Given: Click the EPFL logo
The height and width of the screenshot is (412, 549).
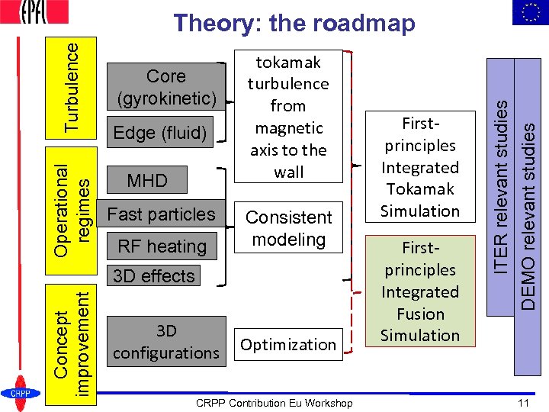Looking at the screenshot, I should click(35, 12).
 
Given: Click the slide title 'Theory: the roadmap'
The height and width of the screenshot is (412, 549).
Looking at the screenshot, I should click(294, 24).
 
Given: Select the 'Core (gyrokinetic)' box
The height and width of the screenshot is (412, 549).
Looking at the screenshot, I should click(166, 87).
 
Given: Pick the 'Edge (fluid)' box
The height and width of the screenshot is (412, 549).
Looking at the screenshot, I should click(160, 133).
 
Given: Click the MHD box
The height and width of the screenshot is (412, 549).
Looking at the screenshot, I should click(147, 181).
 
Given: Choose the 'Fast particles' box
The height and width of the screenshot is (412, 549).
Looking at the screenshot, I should click(162, 214).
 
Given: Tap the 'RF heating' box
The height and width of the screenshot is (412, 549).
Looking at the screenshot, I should click(162, 246).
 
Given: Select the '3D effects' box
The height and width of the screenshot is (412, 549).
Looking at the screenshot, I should click(154, 276).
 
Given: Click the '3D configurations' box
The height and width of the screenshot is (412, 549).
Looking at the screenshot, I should click(166, 342).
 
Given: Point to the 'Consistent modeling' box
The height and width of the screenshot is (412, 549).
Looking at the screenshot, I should click(288, 228).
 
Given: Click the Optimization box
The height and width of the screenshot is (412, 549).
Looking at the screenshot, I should click(288, 345).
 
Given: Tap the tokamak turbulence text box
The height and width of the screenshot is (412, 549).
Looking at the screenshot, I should click(288, 117).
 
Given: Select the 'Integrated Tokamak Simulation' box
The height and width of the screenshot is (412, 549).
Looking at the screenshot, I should click(420, 167).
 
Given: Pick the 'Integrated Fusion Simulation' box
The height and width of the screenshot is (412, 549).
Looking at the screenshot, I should click(420, 291).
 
